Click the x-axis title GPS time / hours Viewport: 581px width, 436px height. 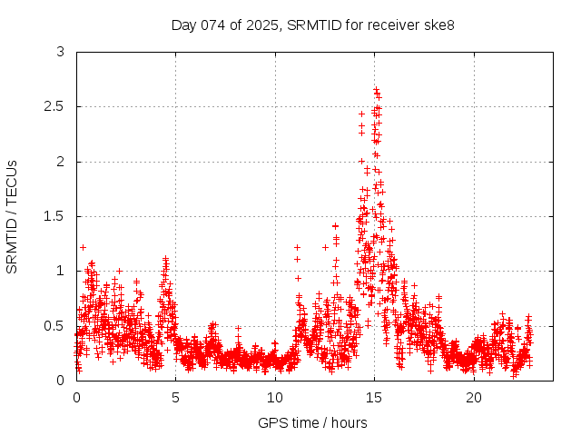312,422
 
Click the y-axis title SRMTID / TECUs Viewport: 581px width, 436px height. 12,216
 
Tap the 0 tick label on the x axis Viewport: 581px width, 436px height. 76,398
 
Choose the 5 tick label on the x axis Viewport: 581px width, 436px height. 175,398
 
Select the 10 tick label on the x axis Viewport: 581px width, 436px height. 275,398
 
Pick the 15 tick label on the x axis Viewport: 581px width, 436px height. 374,398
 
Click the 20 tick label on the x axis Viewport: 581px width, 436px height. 474,398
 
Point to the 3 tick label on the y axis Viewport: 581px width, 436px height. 61,52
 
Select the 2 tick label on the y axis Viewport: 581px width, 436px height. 61,162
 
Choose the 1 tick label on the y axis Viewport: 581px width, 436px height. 61,271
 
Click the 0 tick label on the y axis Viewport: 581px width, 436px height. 61,380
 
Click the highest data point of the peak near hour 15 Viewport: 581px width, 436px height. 376,89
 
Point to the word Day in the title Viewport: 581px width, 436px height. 184,25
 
